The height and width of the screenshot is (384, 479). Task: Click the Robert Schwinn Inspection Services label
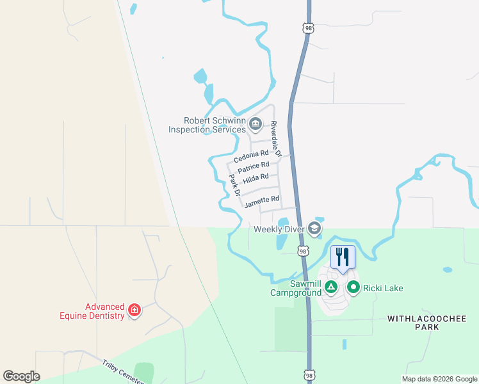coord(207,124)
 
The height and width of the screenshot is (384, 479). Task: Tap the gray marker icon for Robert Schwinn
coord(256,124)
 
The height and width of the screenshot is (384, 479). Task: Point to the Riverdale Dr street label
coord(275,138)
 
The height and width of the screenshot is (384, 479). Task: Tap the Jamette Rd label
coord(262,200)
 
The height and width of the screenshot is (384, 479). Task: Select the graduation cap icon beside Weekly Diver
coord(314,228)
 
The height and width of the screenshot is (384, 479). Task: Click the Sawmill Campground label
coord(295,288)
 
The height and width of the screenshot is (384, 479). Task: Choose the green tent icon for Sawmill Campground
coord(331,287)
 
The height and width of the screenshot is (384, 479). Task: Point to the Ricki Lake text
coord(383,288)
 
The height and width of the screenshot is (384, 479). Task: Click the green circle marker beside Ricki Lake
coord(353,287)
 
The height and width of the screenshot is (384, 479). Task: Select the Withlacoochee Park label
coord(413,322)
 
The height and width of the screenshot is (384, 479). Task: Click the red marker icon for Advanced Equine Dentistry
coord(134,311)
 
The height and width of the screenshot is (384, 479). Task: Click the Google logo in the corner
coord(22,376)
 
